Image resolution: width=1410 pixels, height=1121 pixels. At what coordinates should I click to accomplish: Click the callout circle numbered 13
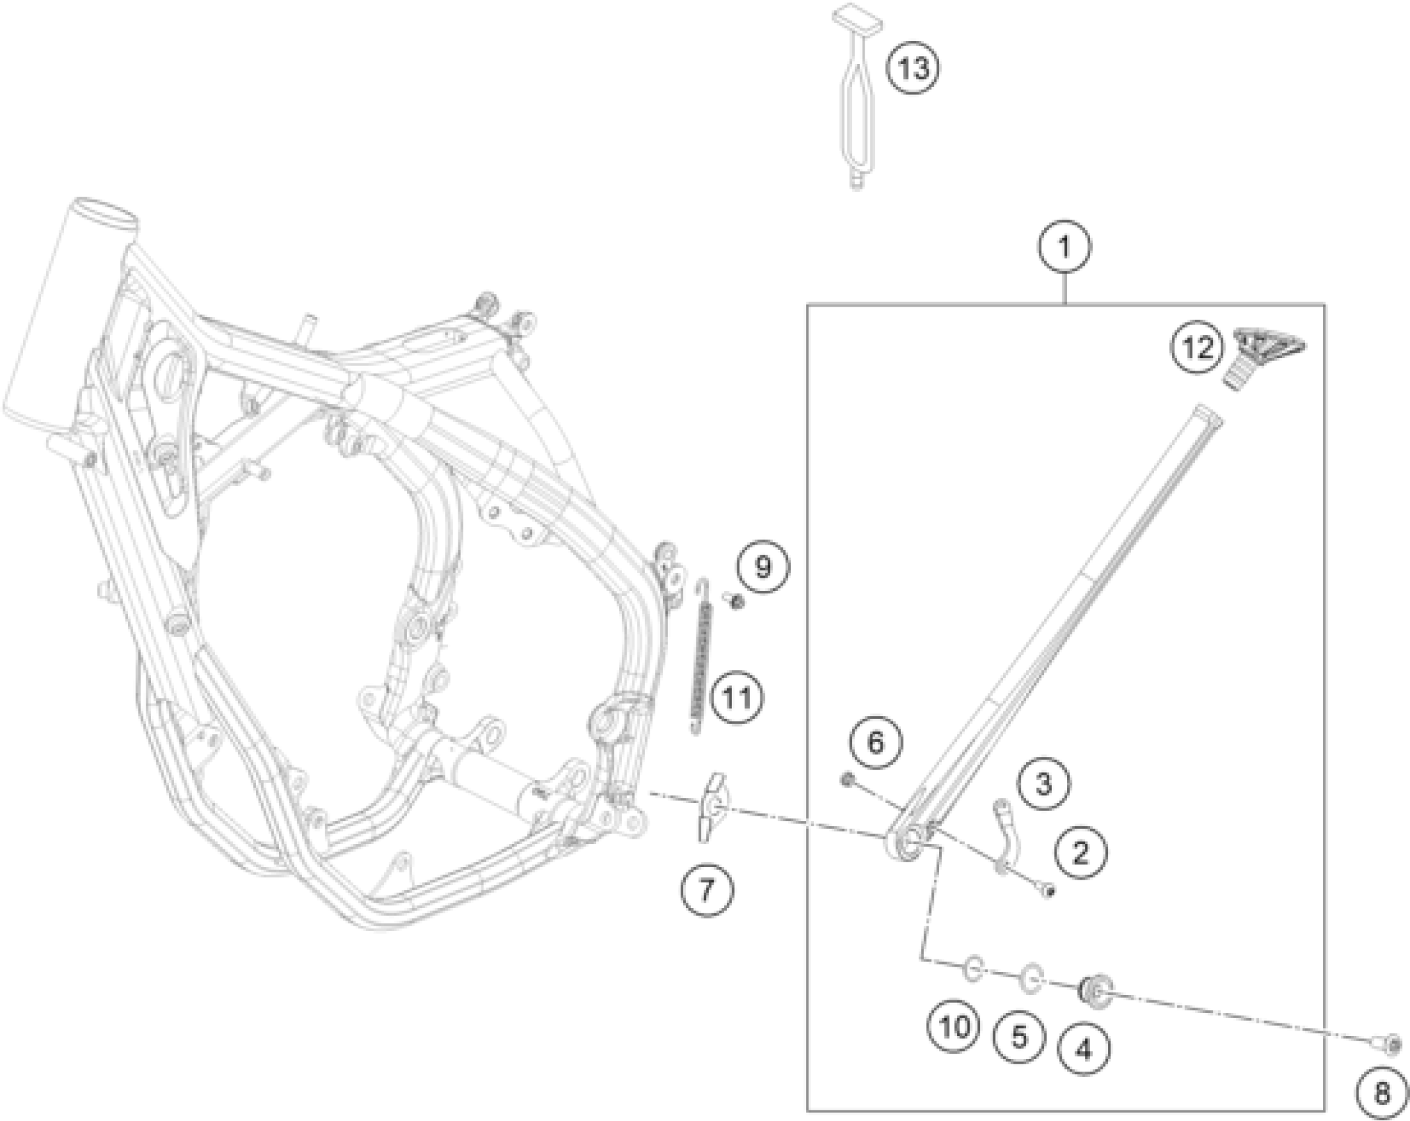(x=913, y=69)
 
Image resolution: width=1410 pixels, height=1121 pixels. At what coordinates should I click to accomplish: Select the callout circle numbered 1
(x=1064, y=247)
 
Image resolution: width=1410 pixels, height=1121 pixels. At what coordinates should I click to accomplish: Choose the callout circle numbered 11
(x=737, y=697)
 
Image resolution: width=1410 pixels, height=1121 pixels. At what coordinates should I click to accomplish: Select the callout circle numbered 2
(x=1080, y=854)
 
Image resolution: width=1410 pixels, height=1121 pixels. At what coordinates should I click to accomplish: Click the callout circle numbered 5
(x=1020, y=1039)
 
